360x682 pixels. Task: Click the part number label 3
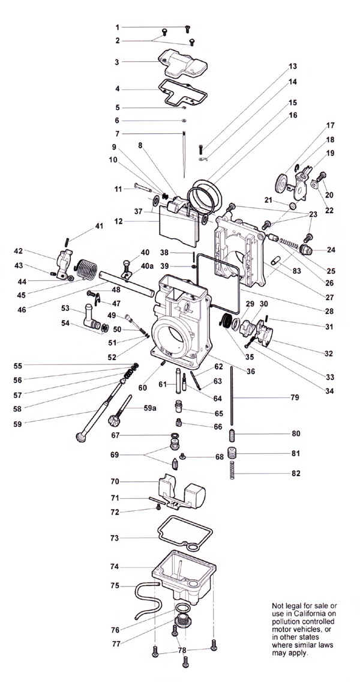[x=117, y=62]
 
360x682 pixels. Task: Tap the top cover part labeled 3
[x=182, y=64]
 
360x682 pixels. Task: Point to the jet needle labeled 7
[x=184, y=155]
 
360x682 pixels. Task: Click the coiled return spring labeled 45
[x=86, y=271]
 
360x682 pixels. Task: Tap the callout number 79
[x=295, y=397]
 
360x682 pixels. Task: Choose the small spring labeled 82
[x=232, y=470]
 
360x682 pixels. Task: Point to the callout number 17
[x=331, y=125]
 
